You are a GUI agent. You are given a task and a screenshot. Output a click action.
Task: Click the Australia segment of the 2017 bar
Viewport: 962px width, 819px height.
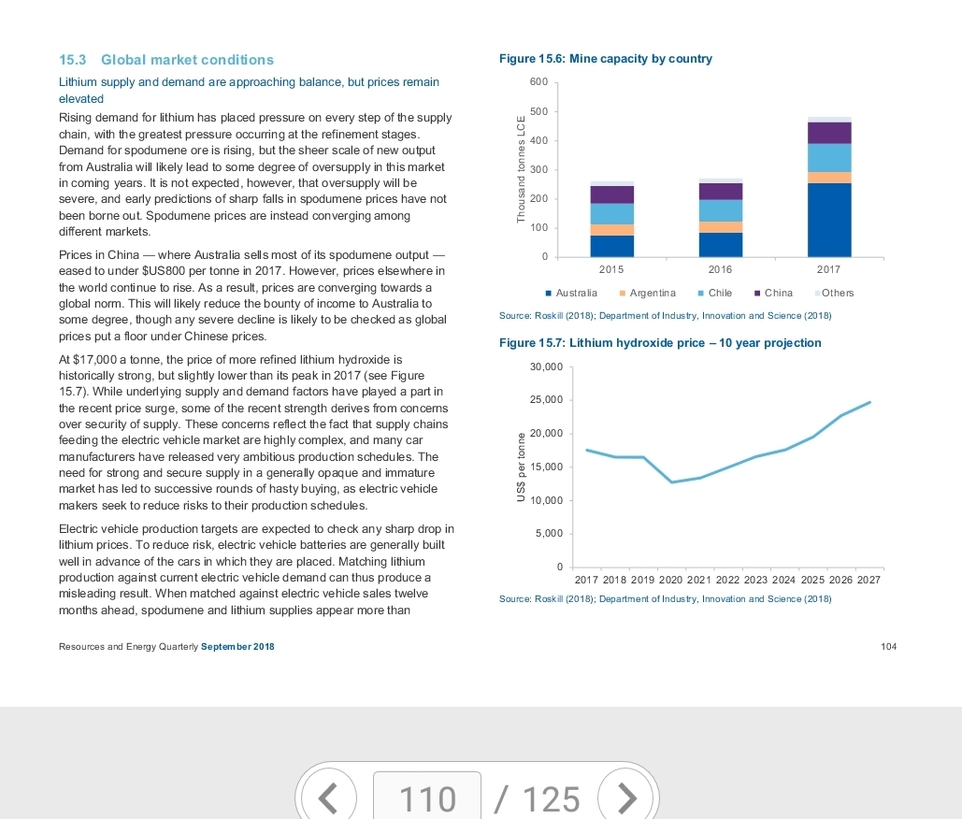coord(829,220)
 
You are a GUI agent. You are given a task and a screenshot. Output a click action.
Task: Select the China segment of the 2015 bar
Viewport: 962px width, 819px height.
coord(611,194)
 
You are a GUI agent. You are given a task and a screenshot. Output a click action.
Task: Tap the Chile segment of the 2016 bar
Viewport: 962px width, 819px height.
coord(720,210)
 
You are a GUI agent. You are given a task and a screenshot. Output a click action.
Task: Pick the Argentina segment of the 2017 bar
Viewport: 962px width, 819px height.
coord(829,178)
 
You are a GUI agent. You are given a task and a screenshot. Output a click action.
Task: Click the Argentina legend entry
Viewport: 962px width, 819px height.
coord(648,294)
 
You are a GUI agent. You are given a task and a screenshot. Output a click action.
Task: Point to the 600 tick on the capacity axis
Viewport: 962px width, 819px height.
coord(538,82)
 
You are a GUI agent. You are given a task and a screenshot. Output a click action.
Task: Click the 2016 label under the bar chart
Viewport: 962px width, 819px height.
coord(720,269)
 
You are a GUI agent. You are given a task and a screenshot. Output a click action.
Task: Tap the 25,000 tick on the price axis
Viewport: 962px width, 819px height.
coord(546,400)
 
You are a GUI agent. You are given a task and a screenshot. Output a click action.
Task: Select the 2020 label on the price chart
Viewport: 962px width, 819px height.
coord(670,580)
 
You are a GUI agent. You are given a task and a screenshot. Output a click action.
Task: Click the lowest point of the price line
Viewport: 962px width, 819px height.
coord(672,482)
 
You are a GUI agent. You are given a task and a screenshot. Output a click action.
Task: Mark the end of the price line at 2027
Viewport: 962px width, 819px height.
coord(870,402)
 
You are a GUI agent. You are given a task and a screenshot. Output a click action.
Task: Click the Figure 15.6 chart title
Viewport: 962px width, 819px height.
coord(606,59)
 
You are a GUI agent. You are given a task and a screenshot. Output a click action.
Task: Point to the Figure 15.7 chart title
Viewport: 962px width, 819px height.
coord(660,343)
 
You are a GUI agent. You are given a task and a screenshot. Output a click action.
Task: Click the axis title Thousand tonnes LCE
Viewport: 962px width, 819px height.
coord(521,169)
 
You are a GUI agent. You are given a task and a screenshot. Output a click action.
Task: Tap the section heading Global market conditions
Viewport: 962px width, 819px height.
coord(187,60)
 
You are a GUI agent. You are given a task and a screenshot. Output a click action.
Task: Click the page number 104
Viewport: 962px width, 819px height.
coord(888,647)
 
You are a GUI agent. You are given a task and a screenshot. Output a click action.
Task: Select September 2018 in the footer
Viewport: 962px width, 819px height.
coord(237,647)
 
